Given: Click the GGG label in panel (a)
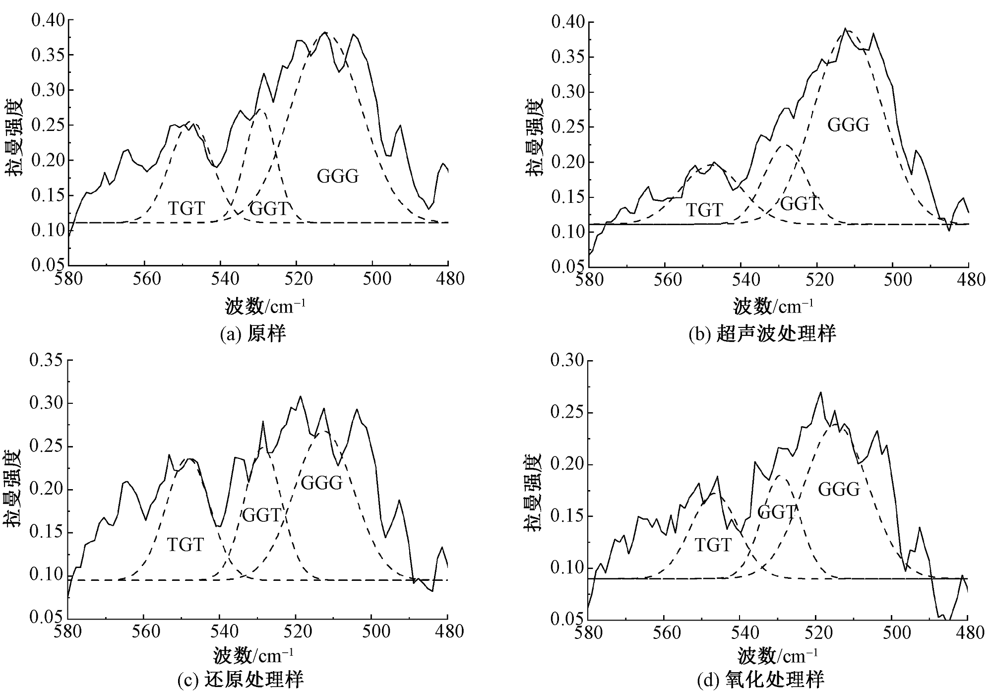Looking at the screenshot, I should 338,176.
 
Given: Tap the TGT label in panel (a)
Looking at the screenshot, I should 186,208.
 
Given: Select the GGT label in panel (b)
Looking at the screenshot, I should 800,203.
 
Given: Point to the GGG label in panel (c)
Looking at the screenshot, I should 322,483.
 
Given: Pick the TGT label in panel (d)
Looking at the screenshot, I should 713,546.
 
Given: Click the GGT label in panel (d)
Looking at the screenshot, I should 777,512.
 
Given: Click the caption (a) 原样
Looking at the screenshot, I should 253,334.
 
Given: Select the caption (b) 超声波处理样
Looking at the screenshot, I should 762,334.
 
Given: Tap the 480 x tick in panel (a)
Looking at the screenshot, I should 448,279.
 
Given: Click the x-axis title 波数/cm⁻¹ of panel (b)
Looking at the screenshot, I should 773,306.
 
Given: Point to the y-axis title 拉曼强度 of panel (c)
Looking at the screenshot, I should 13,488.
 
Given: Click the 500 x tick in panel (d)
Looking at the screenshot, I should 892,633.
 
